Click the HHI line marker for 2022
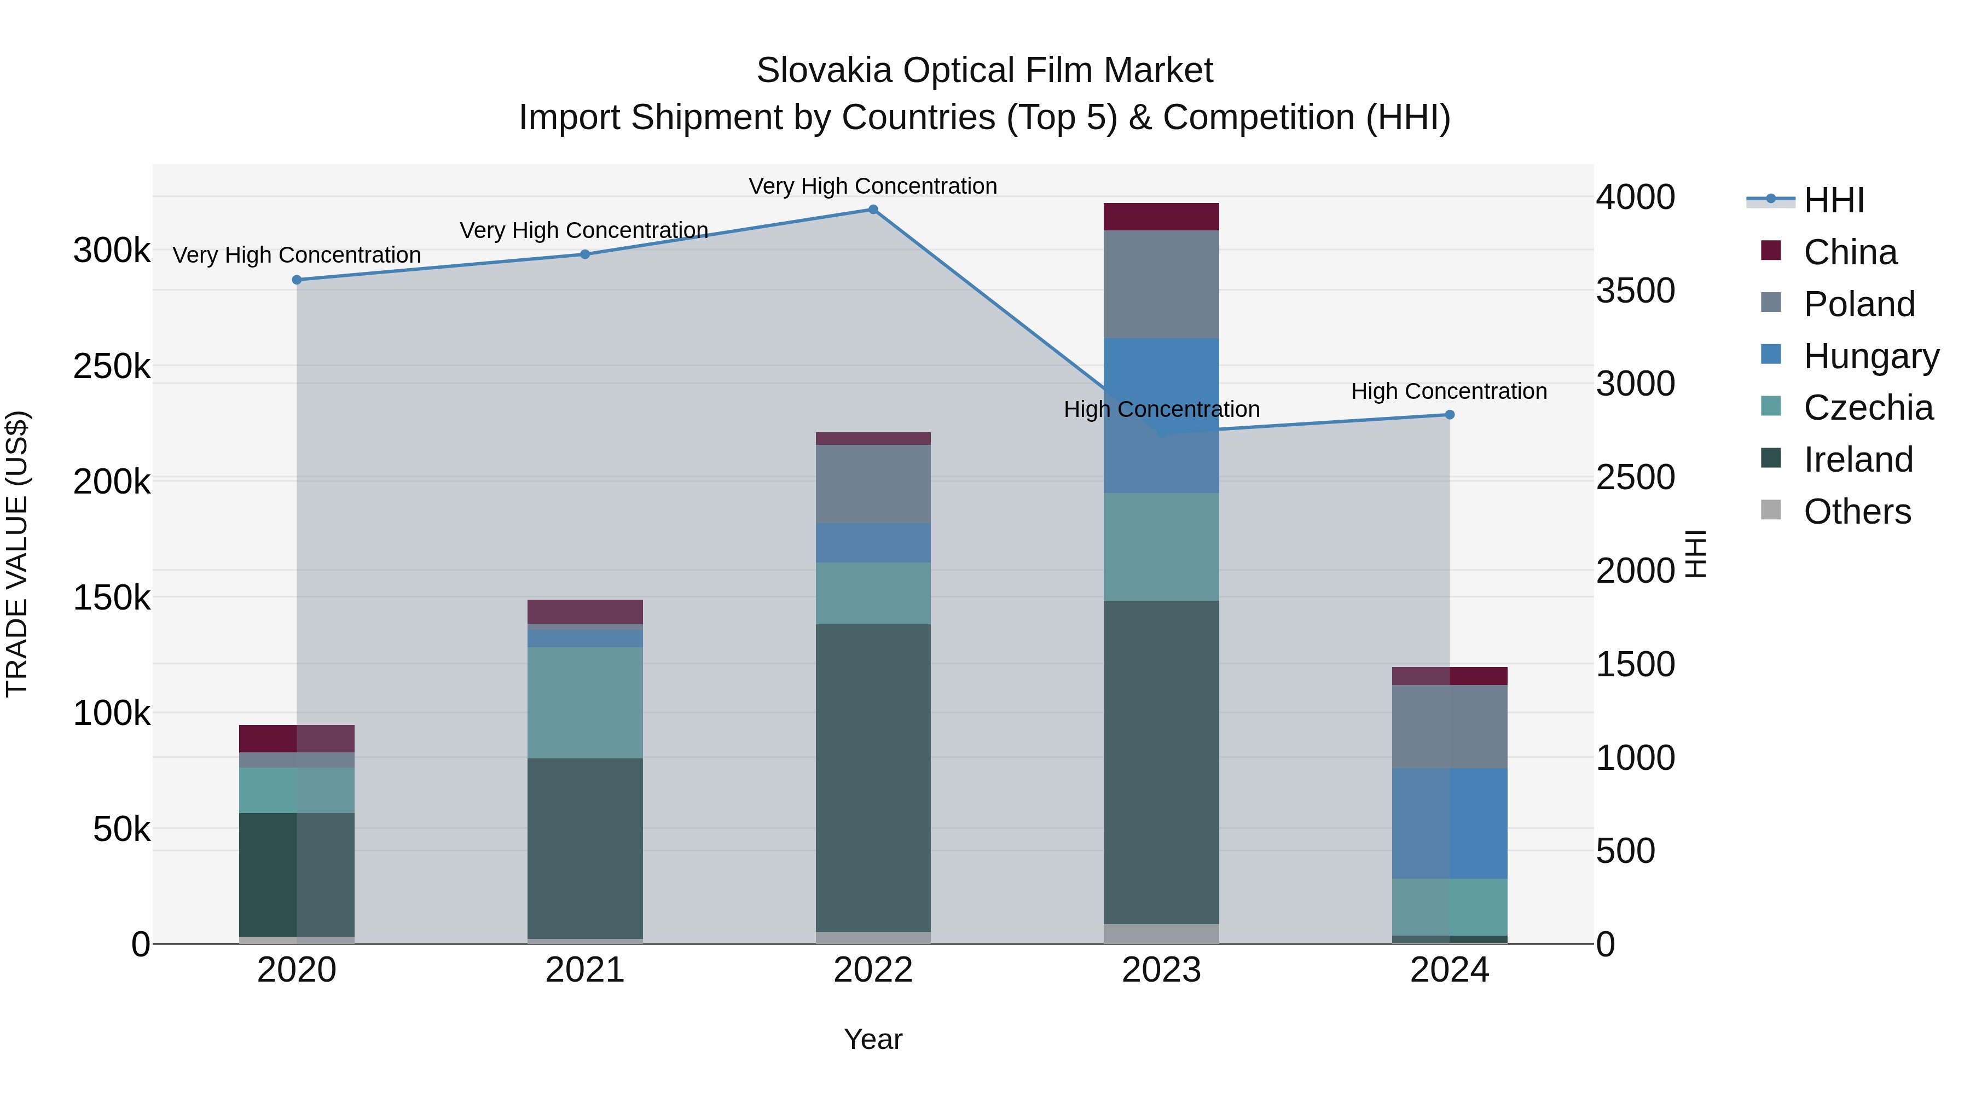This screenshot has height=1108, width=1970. [873, 210]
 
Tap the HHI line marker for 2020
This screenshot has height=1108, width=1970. [297, 280]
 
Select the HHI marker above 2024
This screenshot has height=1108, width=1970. [1449, 414]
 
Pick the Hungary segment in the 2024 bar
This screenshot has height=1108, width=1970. [1449, 823]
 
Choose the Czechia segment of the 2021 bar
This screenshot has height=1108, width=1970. [585, 703]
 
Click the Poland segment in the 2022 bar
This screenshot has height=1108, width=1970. [873, 484]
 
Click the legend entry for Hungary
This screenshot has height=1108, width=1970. [1870, 356]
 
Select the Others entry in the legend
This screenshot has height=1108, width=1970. [1856, 512]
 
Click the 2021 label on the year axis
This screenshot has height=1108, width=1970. [585, 970]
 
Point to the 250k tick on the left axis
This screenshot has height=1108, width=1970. [112, 366]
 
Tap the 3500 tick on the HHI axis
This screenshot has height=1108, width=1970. [1635, 291]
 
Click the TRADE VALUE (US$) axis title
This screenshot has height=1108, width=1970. [17, 554]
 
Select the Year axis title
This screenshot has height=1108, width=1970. [873, 1039]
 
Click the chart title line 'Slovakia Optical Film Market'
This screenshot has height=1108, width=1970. [984, 71]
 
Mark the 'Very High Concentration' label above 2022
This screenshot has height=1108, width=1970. [873, 186]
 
